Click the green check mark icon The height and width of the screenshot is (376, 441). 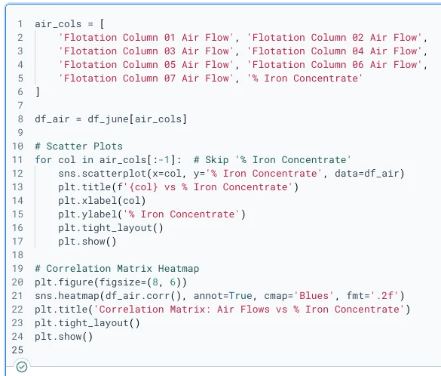tap(22, 367)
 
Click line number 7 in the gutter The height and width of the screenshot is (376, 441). tap(20, 106)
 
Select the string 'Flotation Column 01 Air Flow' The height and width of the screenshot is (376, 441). tap(146, 38)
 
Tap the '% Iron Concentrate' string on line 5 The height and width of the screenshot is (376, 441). tap(305, 78)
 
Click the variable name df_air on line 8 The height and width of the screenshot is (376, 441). tap(52, 119)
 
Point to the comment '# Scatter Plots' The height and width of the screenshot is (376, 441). tap(78, 146)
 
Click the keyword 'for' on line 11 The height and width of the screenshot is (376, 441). tap(43, 160)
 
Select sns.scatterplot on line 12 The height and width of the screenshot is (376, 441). tap(103, 174)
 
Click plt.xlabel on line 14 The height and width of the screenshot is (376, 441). tap(87, 201)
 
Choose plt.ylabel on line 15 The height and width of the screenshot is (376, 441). tap(87, 214)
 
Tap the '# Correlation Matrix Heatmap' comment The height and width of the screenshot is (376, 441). tap(117, 269)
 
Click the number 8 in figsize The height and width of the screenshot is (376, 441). tap(155, 282)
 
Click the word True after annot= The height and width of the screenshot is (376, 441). tap(240, 295)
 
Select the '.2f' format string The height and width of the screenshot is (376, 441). tap(384, 295)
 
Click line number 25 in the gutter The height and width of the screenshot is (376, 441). tap(17, 350)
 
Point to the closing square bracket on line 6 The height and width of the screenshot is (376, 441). tap(38, 92)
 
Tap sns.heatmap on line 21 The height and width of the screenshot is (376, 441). tap(67, 295)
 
